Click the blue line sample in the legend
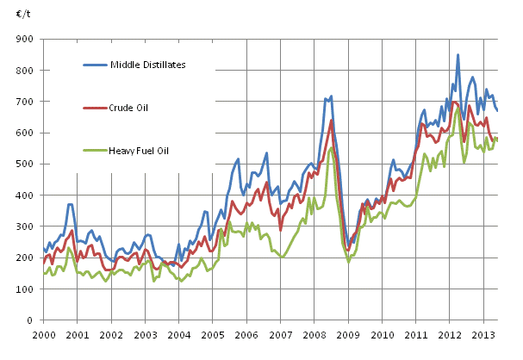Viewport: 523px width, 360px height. pos(95,64)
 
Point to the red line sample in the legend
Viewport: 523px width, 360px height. pos(95,107)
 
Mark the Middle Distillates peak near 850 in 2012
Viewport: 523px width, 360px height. pos(458,55)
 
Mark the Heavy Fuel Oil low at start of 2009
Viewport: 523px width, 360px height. pos(349,261)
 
